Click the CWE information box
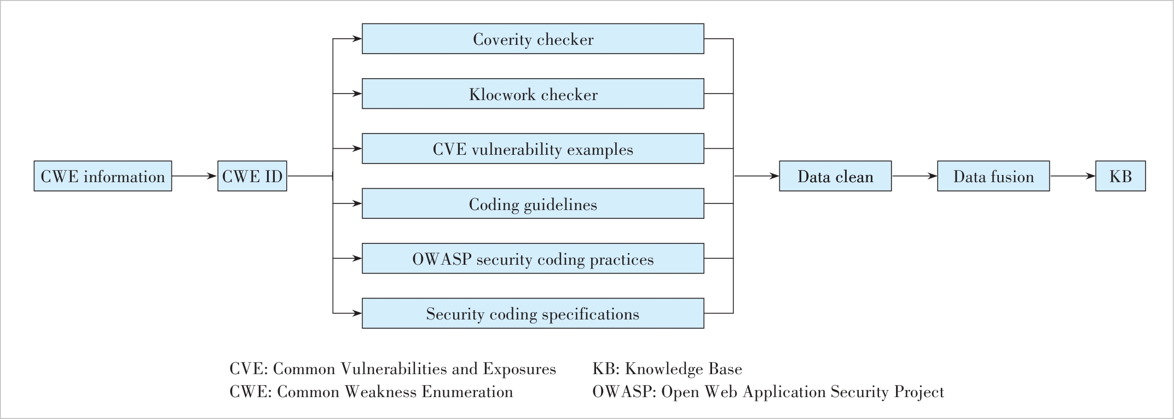(103, 176)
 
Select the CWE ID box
(252, 176)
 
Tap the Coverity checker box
(533, 39)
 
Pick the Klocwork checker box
(533, 94)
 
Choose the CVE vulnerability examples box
(533, 149)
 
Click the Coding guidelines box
(533, 203)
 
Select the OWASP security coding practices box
(533, 259)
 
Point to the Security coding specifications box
(533, 313)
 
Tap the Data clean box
(835, 176)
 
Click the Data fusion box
(993, 176)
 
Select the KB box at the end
(1120, 176)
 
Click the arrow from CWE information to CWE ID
(195, 176)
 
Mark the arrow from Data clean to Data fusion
(915, 176)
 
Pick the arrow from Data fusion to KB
(1073, 176)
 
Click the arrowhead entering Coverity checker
(357, 39)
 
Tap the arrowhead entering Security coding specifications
(357, 313)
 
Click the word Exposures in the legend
(519, 369)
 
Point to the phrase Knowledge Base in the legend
(684, 369)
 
